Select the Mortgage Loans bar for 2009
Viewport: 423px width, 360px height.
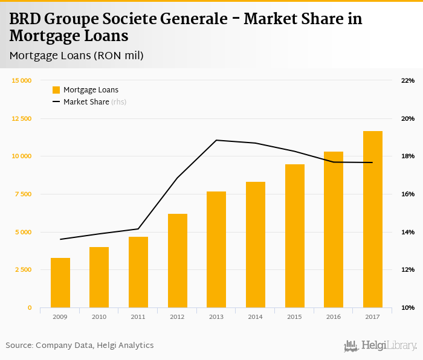[60, 283]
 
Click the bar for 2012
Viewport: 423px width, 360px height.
[178, 261]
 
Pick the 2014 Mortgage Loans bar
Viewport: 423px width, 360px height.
[256, 245]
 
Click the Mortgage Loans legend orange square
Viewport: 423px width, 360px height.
[56, 90]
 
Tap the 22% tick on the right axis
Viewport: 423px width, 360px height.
[407, 81]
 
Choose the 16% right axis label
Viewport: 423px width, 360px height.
[407, 194]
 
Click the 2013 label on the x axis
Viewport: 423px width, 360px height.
[216, 317]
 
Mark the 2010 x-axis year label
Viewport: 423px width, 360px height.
[99, 317]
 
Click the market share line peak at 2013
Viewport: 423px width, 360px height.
[216, 140]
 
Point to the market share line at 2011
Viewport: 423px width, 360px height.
[138, 229]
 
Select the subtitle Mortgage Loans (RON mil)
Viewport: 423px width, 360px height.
[76, 56]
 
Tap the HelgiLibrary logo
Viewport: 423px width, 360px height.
[380, 346]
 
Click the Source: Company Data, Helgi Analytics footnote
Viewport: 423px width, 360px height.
[80, 346]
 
